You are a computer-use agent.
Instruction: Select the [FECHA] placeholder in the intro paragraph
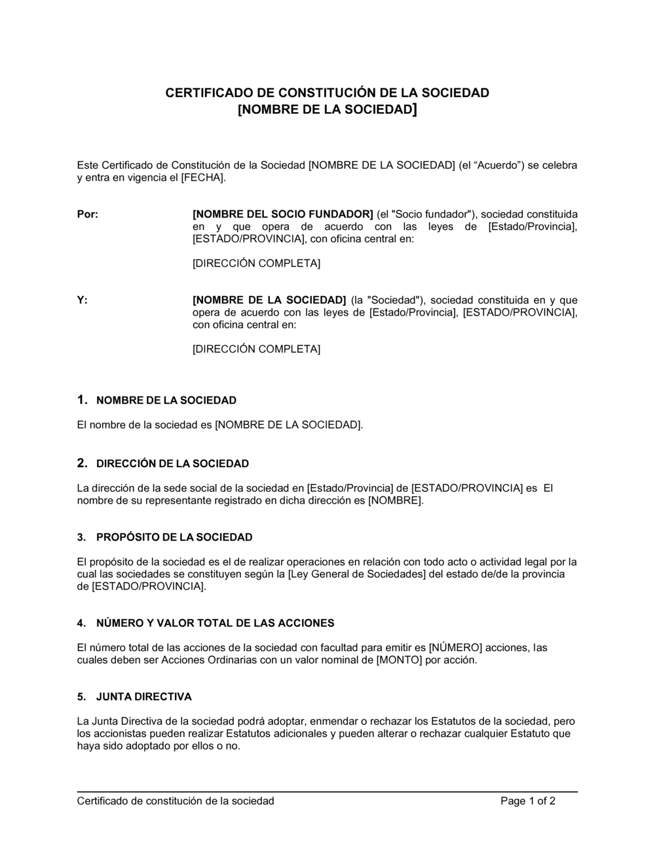click(x=202, y=178)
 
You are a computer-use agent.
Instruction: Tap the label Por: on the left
click(x=87, y=214)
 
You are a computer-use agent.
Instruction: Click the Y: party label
click(x=82, y=300)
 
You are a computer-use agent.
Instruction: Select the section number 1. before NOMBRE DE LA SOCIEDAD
click(x=82, y=400)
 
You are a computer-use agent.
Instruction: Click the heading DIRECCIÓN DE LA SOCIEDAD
click(x=172, y=464)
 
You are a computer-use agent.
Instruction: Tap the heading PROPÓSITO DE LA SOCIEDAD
click(x=174, y=537)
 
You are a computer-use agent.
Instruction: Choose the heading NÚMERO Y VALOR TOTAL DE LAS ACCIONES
click(x=215, y=623)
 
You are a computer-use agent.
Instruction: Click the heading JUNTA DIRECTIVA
click(x=143, y=696)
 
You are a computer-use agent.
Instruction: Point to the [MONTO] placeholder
click(x=399, y=660)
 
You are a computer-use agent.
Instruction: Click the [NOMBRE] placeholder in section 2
click(x=395, y=500)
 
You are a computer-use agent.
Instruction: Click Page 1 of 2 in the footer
click(x=528, y=800)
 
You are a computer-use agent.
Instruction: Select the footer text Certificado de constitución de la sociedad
click(x=176, y=800)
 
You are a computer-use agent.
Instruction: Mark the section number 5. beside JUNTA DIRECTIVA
click(x=81, y=696)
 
